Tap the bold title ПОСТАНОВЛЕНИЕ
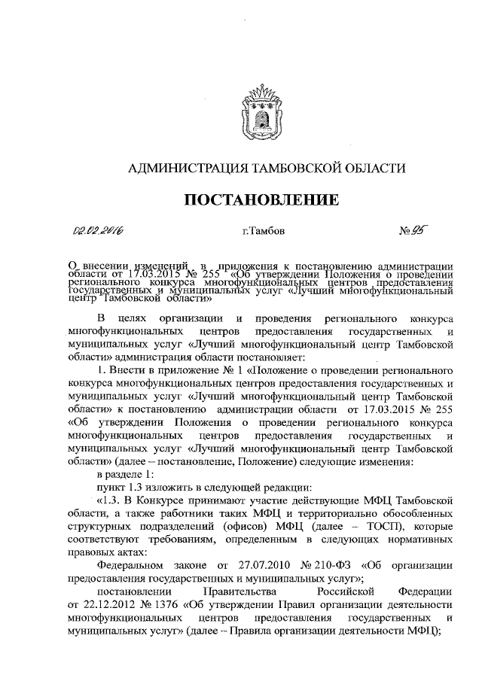(x=261, y=199)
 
